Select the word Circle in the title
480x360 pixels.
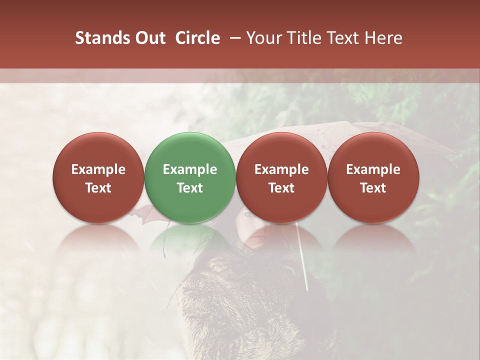click(x=197, y=38)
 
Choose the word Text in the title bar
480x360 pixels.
click(x=346, y=38)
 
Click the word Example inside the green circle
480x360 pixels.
click(x=190, y=169)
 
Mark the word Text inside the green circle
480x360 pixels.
click(x=190, y=188)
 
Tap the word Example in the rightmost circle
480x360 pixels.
click(x=373, y=169)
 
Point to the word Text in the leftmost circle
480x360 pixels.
click(x=98, y=188)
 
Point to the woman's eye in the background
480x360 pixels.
click(x=248, y=215)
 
